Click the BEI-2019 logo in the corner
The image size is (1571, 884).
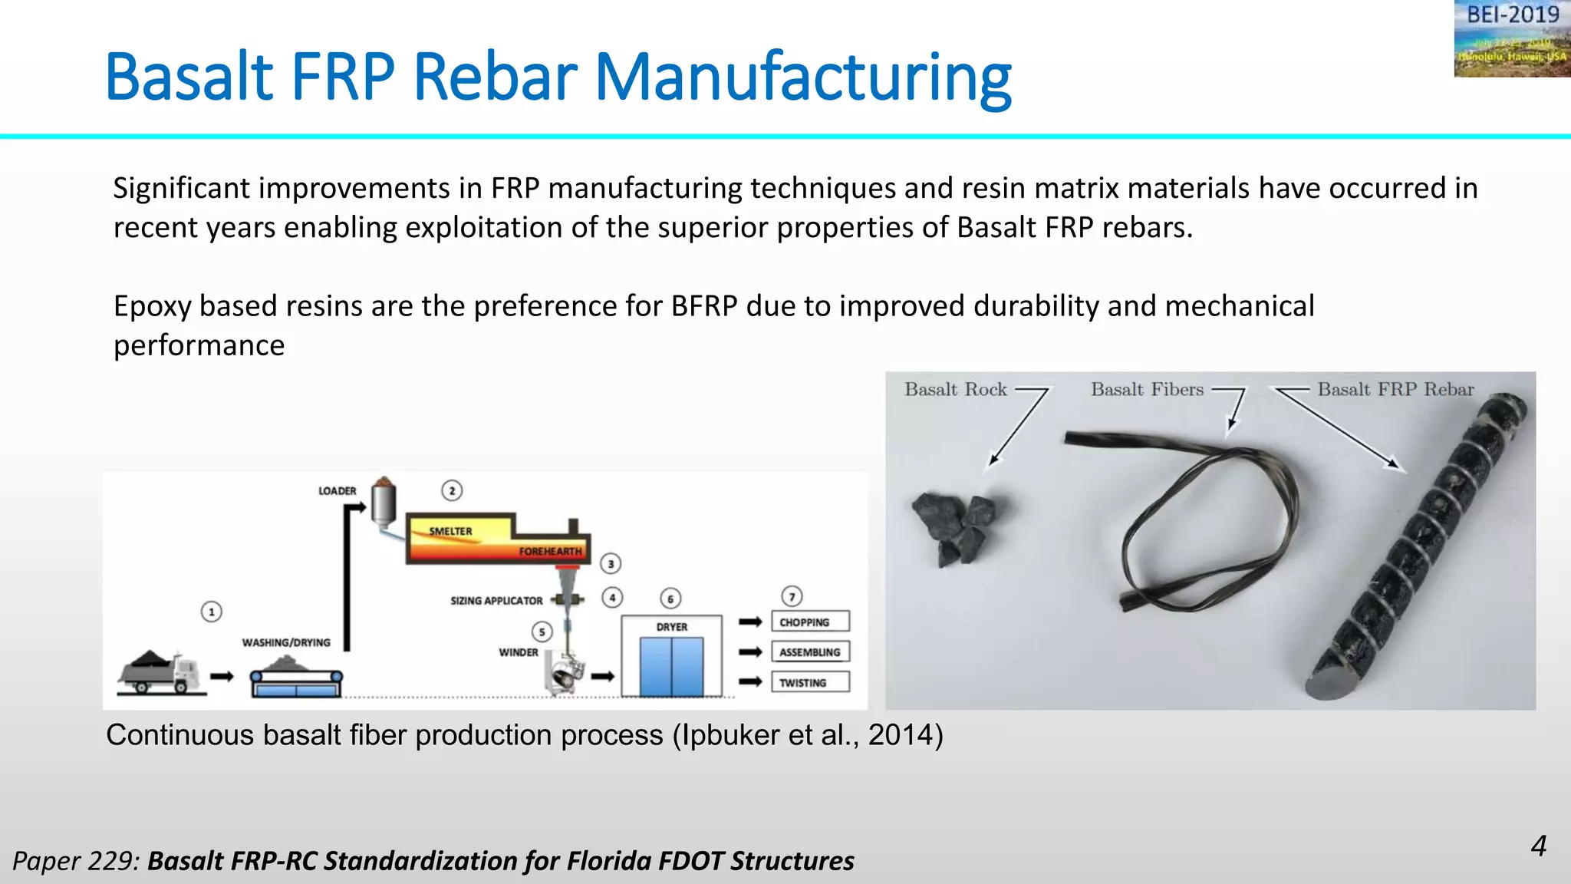coord(1511,38)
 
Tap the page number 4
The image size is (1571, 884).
coord(1538,846)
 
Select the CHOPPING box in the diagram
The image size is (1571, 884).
coord(810,622)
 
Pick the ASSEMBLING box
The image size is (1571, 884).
coord(810,652)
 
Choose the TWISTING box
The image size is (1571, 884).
coord(810,682)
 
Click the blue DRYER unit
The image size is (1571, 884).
coord(671,666)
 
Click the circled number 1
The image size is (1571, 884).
coord(212,612)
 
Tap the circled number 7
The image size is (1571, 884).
coord(792,596)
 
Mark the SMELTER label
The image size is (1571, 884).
coord(450,531)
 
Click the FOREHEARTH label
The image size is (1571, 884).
coord(550,551)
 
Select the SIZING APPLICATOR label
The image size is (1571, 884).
coord(496,600)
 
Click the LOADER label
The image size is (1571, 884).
coord(338,490)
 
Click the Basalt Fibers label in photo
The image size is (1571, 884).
coord(1147,389)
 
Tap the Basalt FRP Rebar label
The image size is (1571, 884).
coord(1395,389)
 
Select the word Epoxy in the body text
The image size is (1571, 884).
coord(152,306)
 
